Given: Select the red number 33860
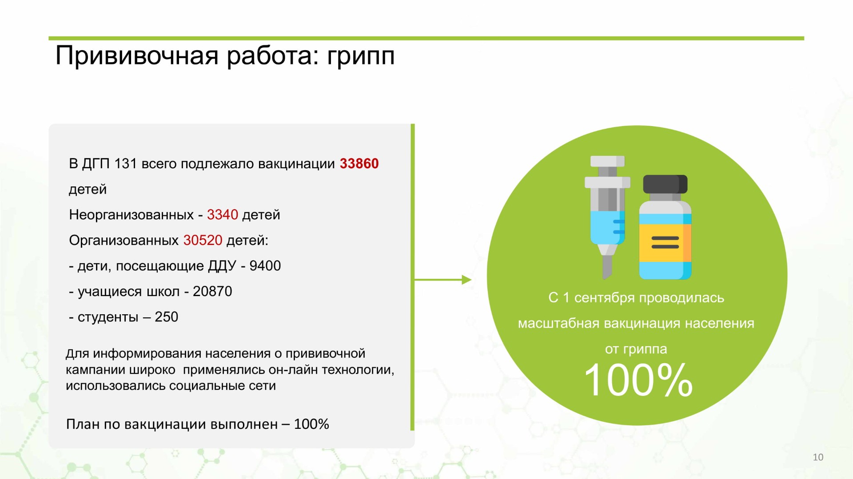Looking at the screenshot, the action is pyautogui.click(x=359, y=163).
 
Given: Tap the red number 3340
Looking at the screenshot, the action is pyautogui.click(x=223, y=215).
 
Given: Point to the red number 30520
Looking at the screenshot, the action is pyautogui.click(x=203, y=240).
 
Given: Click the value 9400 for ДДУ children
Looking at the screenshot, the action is pyautogui.click(x=265, y=266).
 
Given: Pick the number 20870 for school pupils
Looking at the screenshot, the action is pyautogui.click(x=212, y=291).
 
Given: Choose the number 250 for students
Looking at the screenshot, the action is pyautogui.click(x=166, y=317).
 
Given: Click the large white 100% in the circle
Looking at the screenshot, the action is pyautogui.click(x=638, y=380).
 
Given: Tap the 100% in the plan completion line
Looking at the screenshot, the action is pyautogui.click(x=311, y=424).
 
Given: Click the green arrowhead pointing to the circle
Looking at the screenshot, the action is pyautogui.click(x=466, y=280).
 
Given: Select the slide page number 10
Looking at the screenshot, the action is pyautogui.click(x=818, y=457).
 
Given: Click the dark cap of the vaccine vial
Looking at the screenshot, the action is pyautogui.click(x=665, y=184).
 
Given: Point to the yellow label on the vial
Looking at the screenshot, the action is pyautogui.click(x=665, y=243).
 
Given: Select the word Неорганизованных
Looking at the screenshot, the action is pyautogui.click(x=132, y=215).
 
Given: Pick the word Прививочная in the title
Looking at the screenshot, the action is pyautogui.click(x=137, y=56).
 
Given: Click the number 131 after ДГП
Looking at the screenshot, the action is pyautogui.click(x=125, y=163).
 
